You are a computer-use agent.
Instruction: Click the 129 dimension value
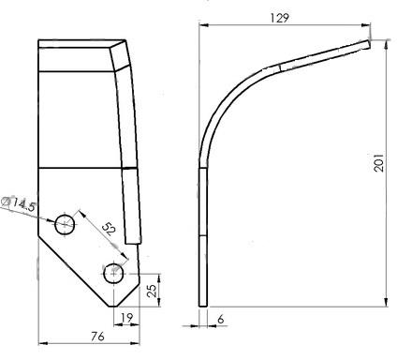(x=279, y=18)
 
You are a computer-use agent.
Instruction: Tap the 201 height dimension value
(x=378, y=162)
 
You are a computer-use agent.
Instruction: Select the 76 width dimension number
(x=97, y=337)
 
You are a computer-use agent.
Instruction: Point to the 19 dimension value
(x=126, y=318)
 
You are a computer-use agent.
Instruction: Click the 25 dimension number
(x=152, y=291)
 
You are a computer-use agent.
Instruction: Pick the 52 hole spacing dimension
(x=109, y=229)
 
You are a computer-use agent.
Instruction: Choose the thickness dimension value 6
(x=221, y=320)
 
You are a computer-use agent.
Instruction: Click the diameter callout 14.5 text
(x=23, y=205)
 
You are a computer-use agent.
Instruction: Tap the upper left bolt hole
(x=65, y=224)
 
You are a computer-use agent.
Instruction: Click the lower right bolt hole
(x=113, y=274)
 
